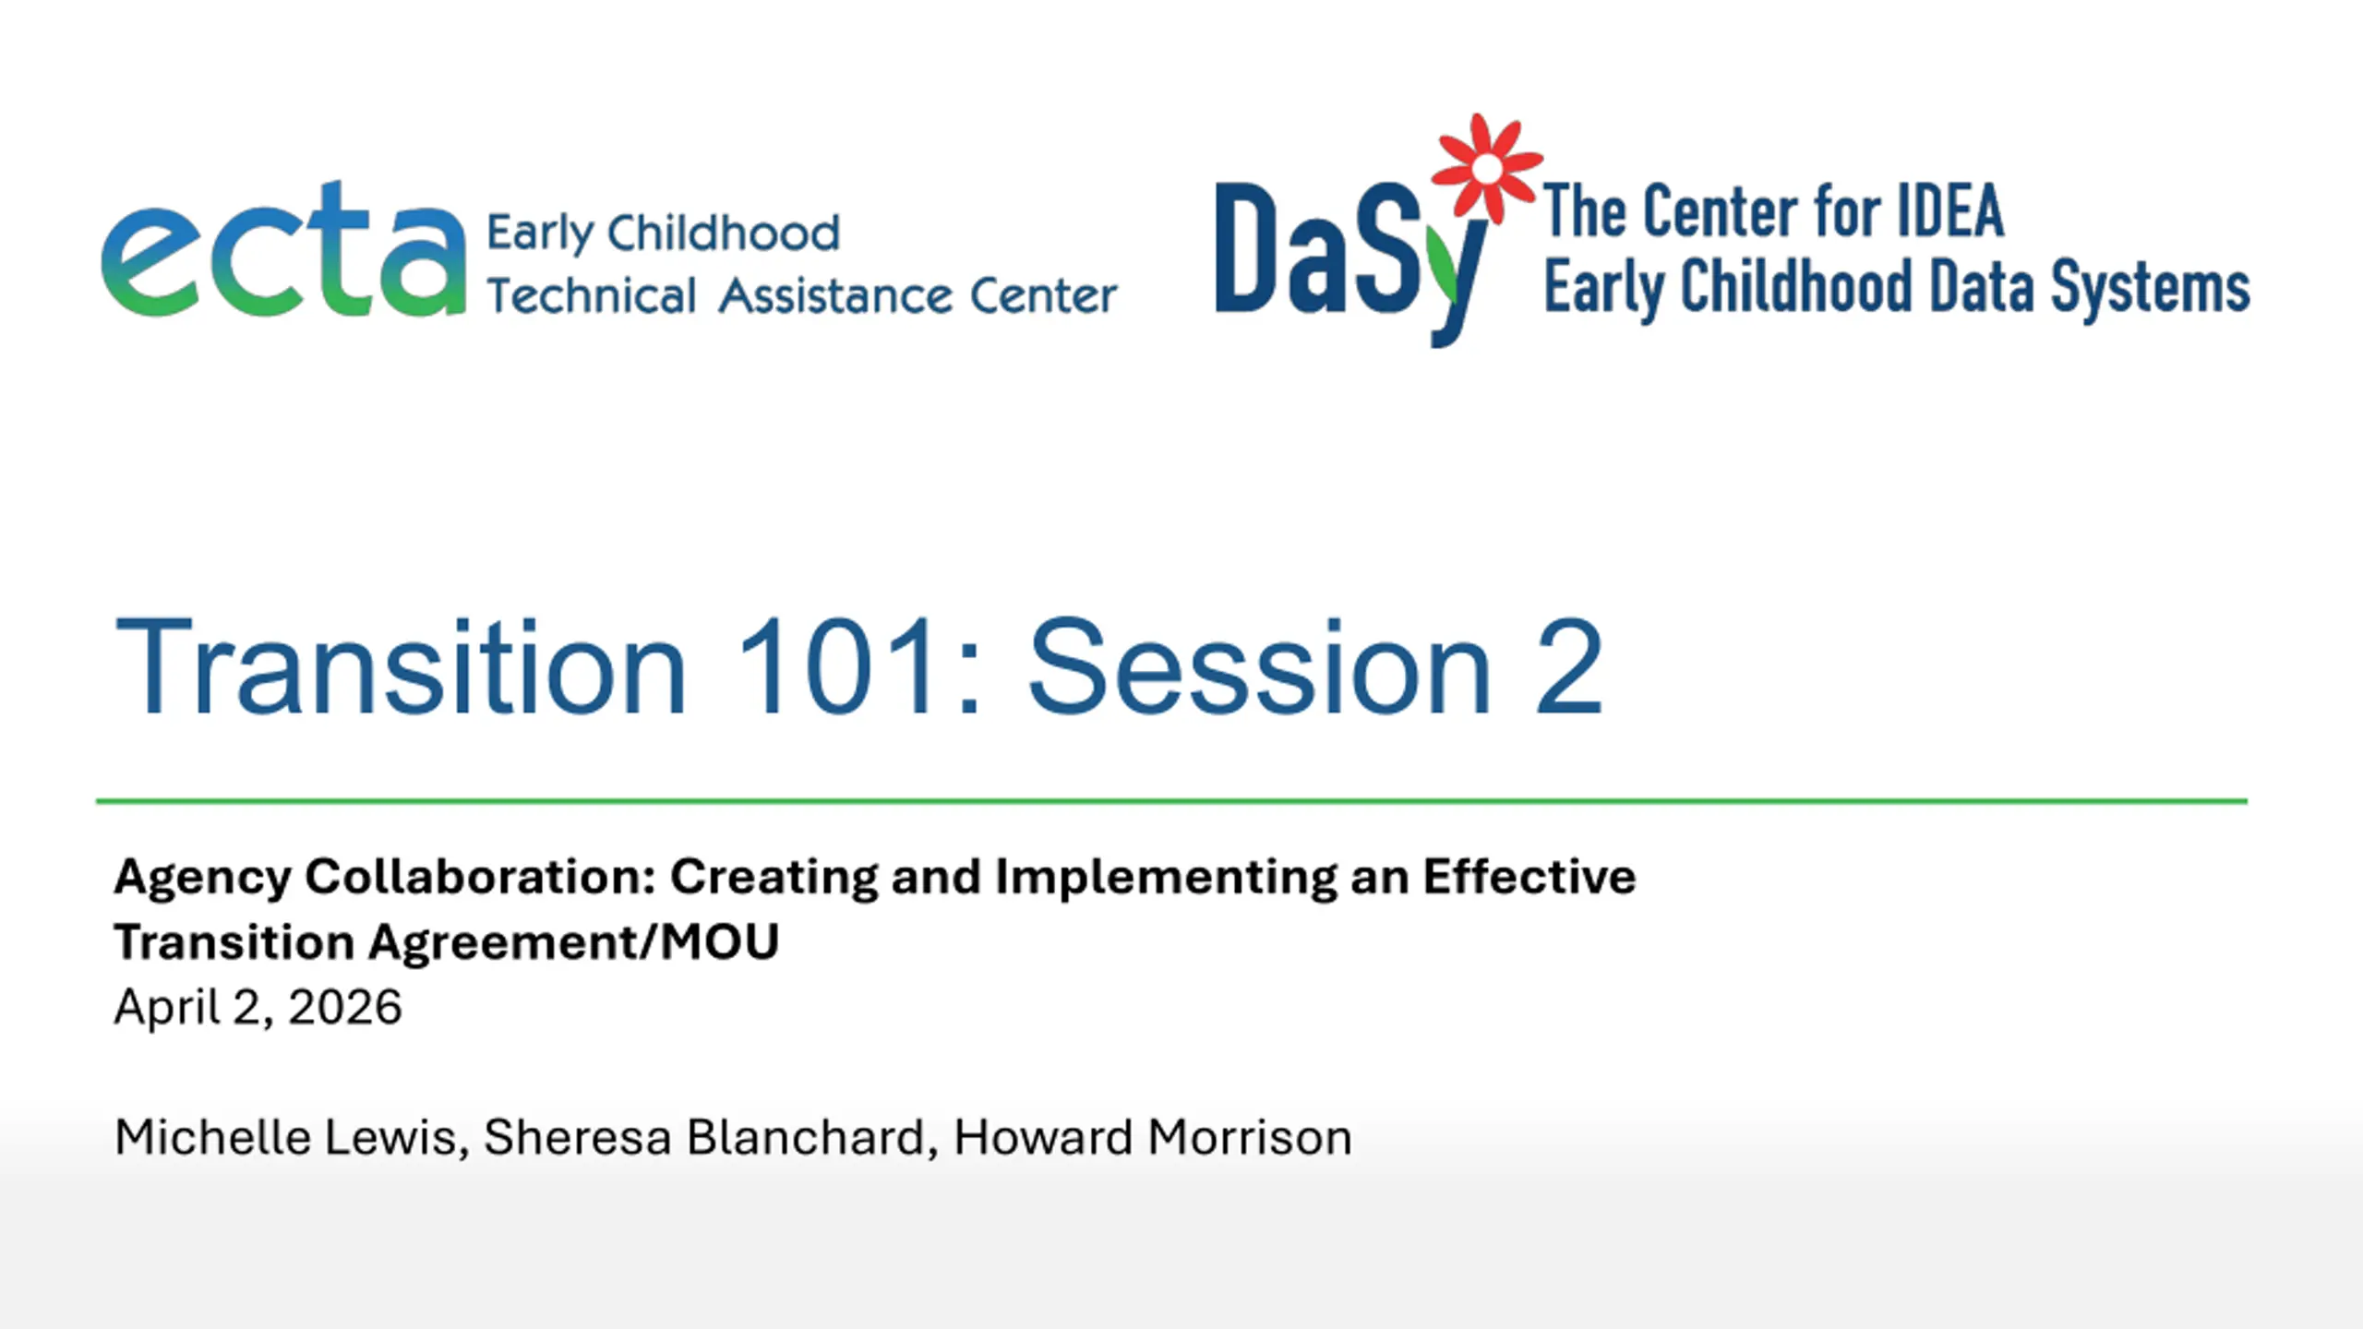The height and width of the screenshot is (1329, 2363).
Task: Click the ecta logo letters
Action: pyautogui.click(x=283, y=249)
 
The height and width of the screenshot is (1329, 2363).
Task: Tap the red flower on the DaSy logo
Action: pyautogui.click(x=1486, y=168)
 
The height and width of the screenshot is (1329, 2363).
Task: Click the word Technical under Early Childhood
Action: pyautogui.click(x=592, y=296)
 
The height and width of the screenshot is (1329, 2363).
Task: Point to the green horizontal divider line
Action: pyautogui.click(x=1171, y=801)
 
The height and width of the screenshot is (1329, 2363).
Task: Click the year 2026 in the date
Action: pyautogui.click(x=344, y=1007)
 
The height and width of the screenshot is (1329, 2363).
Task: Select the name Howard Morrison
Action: pyautogui.click(x=1153, y=1137)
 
